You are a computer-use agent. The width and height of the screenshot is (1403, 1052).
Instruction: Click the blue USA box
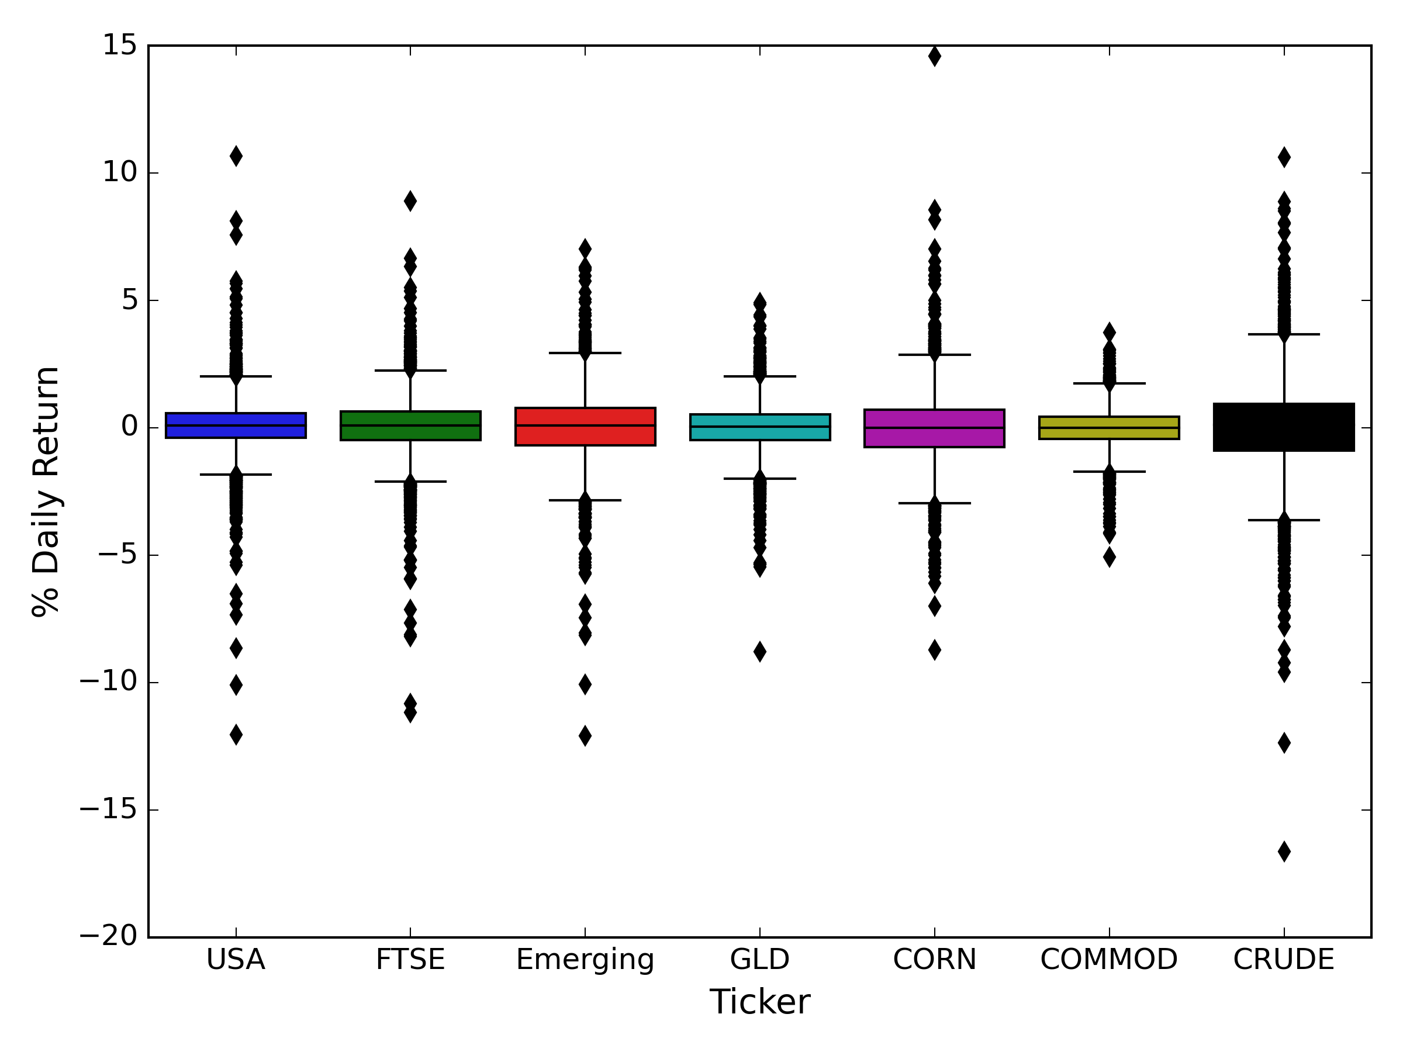pyautogui.click(x=236, y=425)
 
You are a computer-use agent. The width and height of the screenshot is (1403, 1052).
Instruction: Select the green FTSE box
pyautogui.click(x=410, y=425)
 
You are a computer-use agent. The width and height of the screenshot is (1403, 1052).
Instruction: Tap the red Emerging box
pyautogui.click(x=585, y=427)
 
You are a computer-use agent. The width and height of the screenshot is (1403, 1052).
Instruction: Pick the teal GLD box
pyautogui.click(x=760, y=427)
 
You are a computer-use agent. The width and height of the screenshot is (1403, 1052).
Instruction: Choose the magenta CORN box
pyautogui.click(x=934, y=428)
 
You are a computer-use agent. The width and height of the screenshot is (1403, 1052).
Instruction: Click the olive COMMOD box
pyautogui.click(x=1110, y=428)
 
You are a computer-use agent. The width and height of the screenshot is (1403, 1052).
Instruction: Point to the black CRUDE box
pyautogui.click(x=1284, y=427)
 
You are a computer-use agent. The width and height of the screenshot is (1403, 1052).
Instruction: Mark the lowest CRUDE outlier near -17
pyautogui.click(x=1284, y=852)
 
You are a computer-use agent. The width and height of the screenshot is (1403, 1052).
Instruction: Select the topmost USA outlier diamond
pyautogui.click(x=236, y=156)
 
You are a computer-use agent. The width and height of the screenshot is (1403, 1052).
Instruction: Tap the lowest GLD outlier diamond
pyautogui.click(x=760, y=651)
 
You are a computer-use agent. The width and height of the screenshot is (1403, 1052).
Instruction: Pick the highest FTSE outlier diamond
pyautogui.click(x=410, y=201)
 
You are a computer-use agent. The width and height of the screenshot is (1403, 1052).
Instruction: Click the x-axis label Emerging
pyautogui.click(x=585, y=960)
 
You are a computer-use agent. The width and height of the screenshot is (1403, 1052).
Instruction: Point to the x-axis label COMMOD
pyautogui.click(x=1109, y=960)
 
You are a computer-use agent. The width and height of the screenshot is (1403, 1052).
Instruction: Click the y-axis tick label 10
pyautogui.click(x=120, y=172)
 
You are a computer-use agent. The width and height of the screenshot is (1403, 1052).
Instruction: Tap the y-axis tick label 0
pyautogui.click(x=129, y=427)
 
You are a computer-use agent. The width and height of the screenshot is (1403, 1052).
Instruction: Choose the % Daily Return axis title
pyautogui.click(x=46, y=491)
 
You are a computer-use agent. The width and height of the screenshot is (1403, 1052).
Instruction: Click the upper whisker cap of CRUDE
pyautogui.click(x=1284, y=334)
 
